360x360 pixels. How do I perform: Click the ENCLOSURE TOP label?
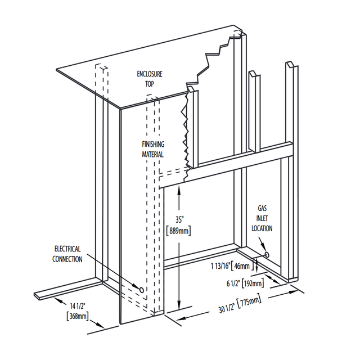[150, 79]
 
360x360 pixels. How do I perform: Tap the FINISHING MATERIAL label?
[153, 149]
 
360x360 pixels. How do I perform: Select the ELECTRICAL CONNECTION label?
[67, 254]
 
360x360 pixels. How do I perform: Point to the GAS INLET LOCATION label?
[262, 218]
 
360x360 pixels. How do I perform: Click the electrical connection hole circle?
[142, 290]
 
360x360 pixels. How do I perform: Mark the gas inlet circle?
[267, 254]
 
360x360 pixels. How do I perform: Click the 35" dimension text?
[179, 219]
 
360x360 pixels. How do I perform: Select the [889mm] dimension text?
[178, 231]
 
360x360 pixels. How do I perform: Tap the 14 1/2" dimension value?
[78, 306]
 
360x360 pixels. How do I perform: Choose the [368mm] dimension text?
[78, 316]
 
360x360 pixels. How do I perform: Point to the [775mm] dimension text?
[250, 303]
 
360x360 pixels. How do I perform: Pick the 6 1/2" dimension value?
[234, 283]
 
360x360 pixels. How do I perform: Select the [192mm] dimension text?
[253, 283]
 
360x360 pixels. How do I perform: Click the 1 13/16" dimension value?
[220, 266]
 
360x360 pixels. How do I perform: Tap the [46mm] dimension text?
[242, 266]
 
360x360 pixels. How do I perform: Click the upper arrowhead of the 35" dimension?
[179, 191]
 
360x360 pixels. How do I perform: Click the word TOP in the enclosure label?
[149, 84]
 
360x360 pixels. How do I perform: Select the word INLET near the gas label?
[262, 218]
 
